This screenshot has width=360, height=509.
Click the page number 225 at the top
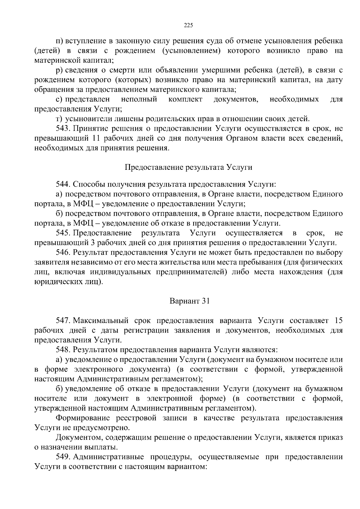[x=188, y=25]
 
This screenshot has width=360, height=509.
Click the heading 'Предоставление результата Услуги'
[x=188, y=167]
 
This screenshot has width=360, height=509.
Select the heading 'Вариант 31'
[x=189, y=301]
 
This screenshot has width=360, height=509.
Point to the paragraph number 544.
[x=63, y=184]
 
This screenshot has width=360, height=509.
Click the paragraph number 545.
[x=63, y=233]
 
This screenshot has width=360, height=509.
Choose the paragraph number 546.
[x=63, y=253]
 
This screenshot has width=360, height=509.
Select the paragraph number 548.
[x=63, y=349]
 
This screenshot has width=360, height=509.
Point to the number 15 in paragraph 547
[x=338, y=320]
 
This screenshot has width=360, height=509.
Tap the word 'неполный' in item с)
[x=139, y=99]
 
